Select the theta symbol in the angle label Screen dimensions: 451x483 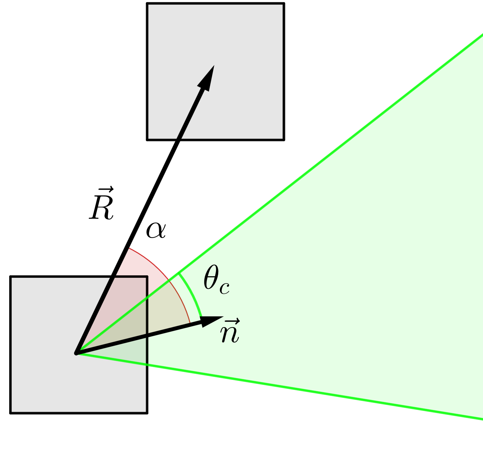tap(211, 277)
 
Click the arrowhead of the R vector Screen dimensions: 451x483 tap(207, 79)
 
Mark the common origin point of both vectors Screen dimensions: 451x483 tap(76, 353)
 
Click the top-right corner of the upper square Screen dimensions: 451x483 tap(284, 4)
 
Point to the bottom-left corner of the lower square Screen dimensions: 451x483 tap(11, 412)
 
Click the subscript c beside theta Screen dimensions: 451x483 tap(225, 288)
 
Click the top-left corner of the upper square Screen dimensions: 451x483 tap(147, 4)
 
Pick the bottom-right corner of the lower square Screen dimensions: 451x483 tap(147, 412)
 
